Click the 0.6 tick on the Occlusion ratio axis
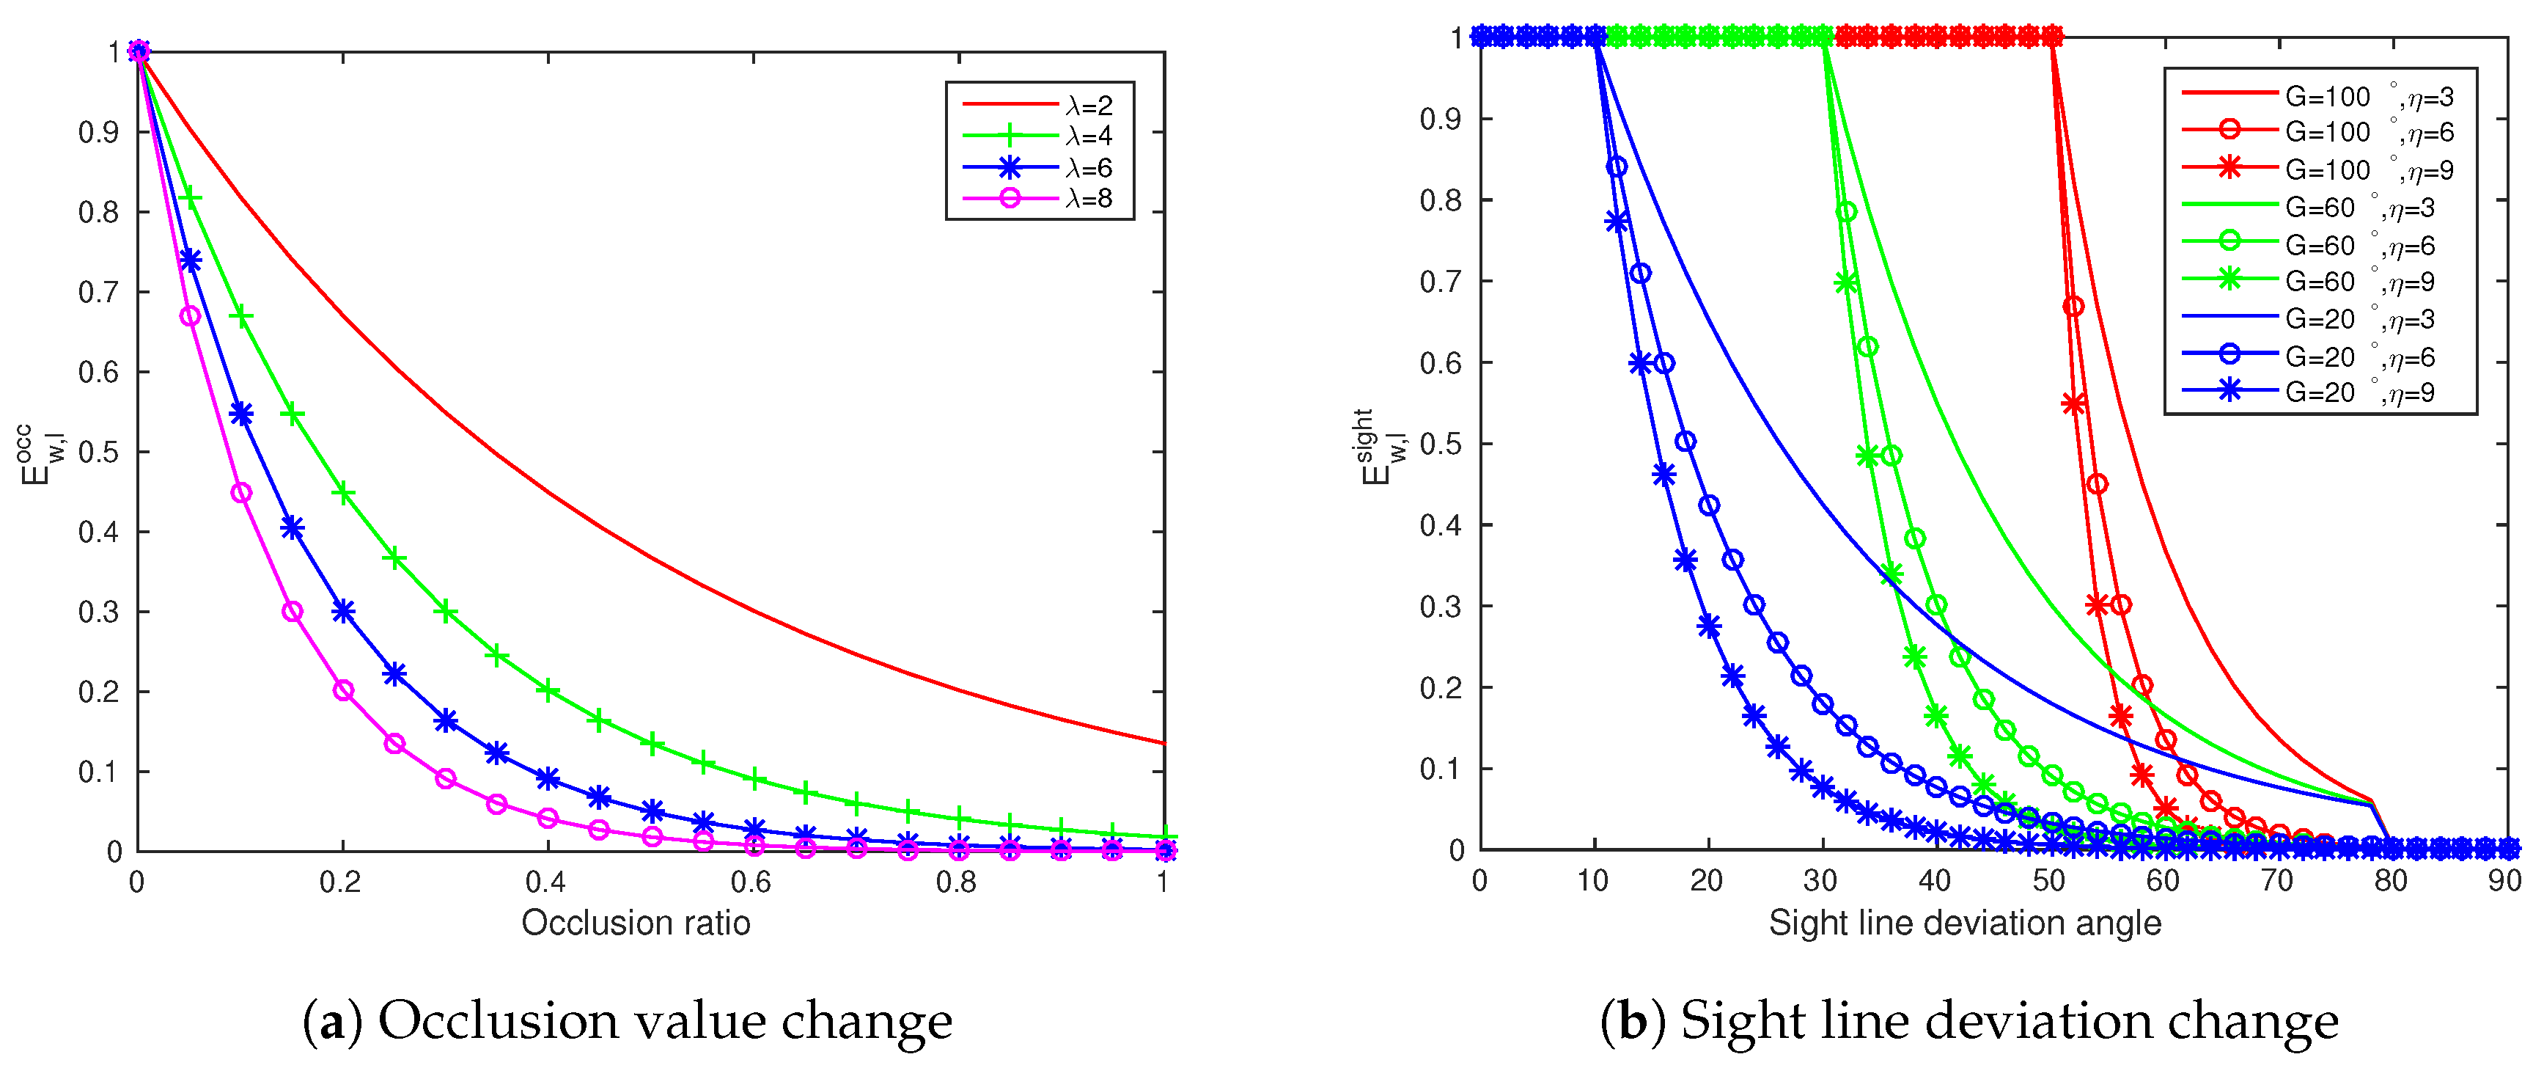(751, 880)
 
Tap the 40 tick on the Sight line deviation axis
(1935, 879)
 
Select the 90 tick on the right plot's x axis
(2504, 879)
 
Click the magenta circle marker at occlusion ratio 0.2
(342, 690)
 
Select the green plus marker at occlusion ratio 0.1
(241, 316)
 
